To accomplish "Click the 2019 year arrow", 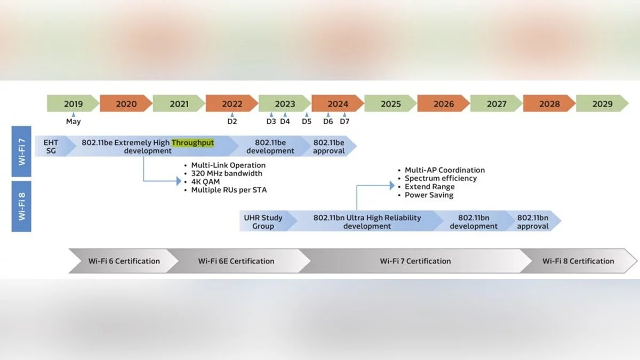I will click(x=73, y=104).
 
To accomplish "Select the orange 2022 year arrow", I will click(x=232, y=104).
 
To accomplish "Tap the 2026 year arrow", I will click(x=443, y=104).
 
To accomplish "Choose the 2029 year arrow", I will click(x=602, y=104).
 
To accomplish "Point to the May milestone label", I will click(x=74, y=122).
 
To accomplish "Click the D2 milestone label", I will click(x=232, y=122).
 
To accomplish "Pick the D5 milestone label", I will click(x=306, y=122).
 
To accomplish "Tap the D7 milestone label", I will click(x=345, y=122).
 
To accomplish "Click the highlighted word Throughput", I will click(x=193, y=143).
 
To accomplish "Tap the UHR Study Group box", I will click(x=263, y=222).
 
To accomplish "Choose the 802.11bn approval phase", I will click(x=533, y=222).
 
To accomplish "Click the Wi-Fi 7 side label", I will click(x=22, y=151).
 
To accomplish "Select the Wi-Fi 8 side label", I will click(x=22, y=206).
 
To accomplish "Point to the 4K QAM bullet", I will click(x=205, y=181).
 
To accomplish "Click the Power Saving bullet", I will click(x=429, y=195).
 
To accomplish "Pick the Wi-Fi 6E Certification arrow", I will click(x=236, y=261).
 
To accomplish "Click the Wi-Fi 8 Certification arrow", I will click(x=578, y=261).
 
